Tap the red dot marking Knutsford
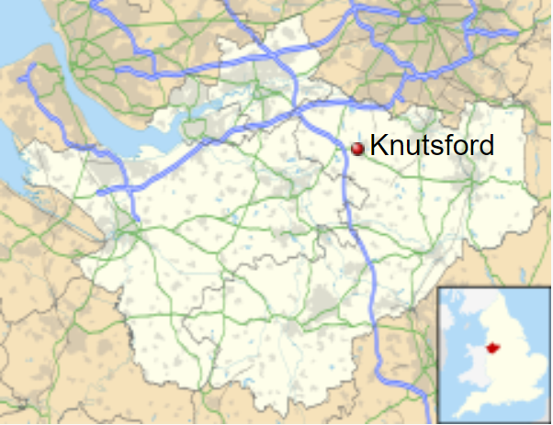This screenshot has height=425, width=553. [x=357, y=148]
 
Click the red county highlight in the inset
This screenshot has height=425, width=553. [x=493, y=348]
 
